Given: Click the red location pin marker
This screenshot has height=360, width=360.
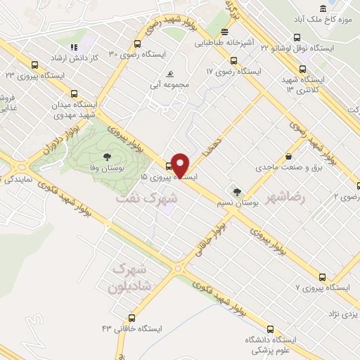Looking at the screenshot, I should pos(180,166).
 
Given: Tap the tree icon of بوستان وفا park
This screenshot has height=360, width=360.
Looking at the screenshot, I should pos(107,157).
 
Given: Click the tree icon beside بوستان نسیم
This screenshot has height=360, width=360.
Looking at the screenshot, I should pos(237,191).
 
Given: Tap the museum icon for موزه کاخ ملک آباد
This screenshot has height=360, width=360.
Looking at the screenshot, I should pos(322,8).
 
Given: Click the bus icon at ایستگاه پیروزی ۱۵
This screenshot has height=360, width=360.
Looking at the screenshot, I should pos(169,167).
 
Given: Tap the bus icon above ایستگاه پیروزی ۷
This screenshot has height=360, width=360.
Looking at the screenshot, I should pos(322,276).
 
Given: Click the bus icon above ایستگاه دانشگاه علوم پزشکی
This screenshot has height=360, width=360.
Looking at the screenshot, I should pos(271,328).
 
